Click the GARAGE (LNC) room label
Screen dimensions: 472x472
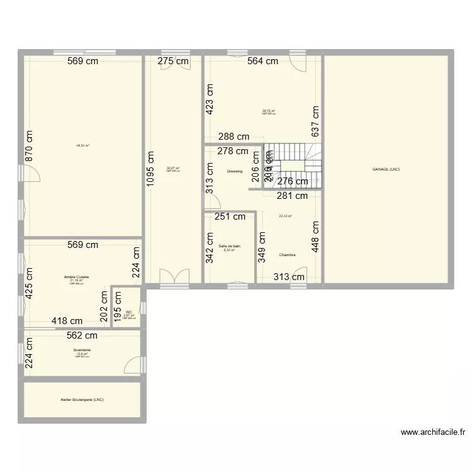386,169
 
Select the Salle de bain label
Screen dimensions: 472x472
230,245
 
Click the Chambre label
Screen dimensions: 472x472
288,255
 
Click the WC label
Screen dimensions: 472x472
129,312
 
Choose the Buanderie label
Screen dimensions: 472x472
82,349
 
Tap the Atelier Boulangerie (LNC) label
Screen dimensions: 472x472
82,400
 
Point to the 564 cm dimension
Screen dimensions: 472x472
262,61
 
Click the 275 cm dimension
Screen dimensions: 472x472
173,61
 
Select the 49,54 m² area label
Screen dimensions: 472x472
82,145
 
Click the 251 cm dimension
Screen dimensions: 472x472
230,217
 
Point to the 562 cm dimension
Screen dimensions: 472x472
82,335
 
